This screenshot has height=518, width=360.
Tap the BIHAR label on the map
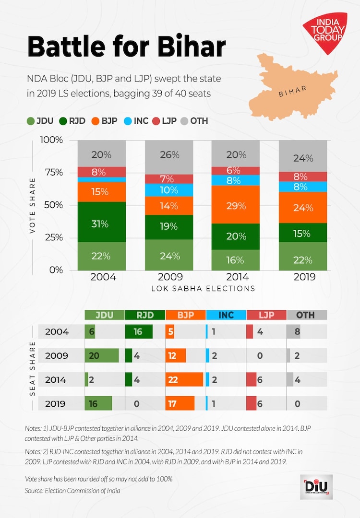pyautogui.click(x=292, y=92)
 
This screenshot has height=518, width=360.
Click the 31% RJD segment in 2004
pyautogui.click(x=102, y=224)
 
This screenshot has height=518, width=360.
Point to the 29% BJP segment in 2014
pyautogui.click(x=236, y=206)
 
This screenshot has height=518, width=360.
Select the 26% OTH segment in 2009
pyautogui.click(x=169, y=155)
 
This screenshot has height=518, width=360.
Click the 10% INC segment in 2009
pyautogui.click(x=169, y=189)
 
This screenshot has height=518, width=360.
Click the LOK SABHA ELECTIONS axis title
pyautogui.click(x=203, y=289)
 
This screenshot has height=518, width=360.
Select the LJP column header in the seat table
pyautogui.click(x=265, y=315)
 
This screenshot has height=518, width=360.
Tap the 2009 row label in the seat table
pyautogui.click(x=57, y=356)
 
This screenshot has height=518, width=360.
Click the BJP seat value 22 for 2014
pyautogui.click(x=173, y=380)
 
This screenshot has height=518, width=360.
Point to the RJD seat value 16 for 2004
pyautogui.click(x=138, y=332)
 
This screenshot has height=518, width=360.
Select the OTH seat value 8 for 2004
pyautogui.click(x=298, y=332)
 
